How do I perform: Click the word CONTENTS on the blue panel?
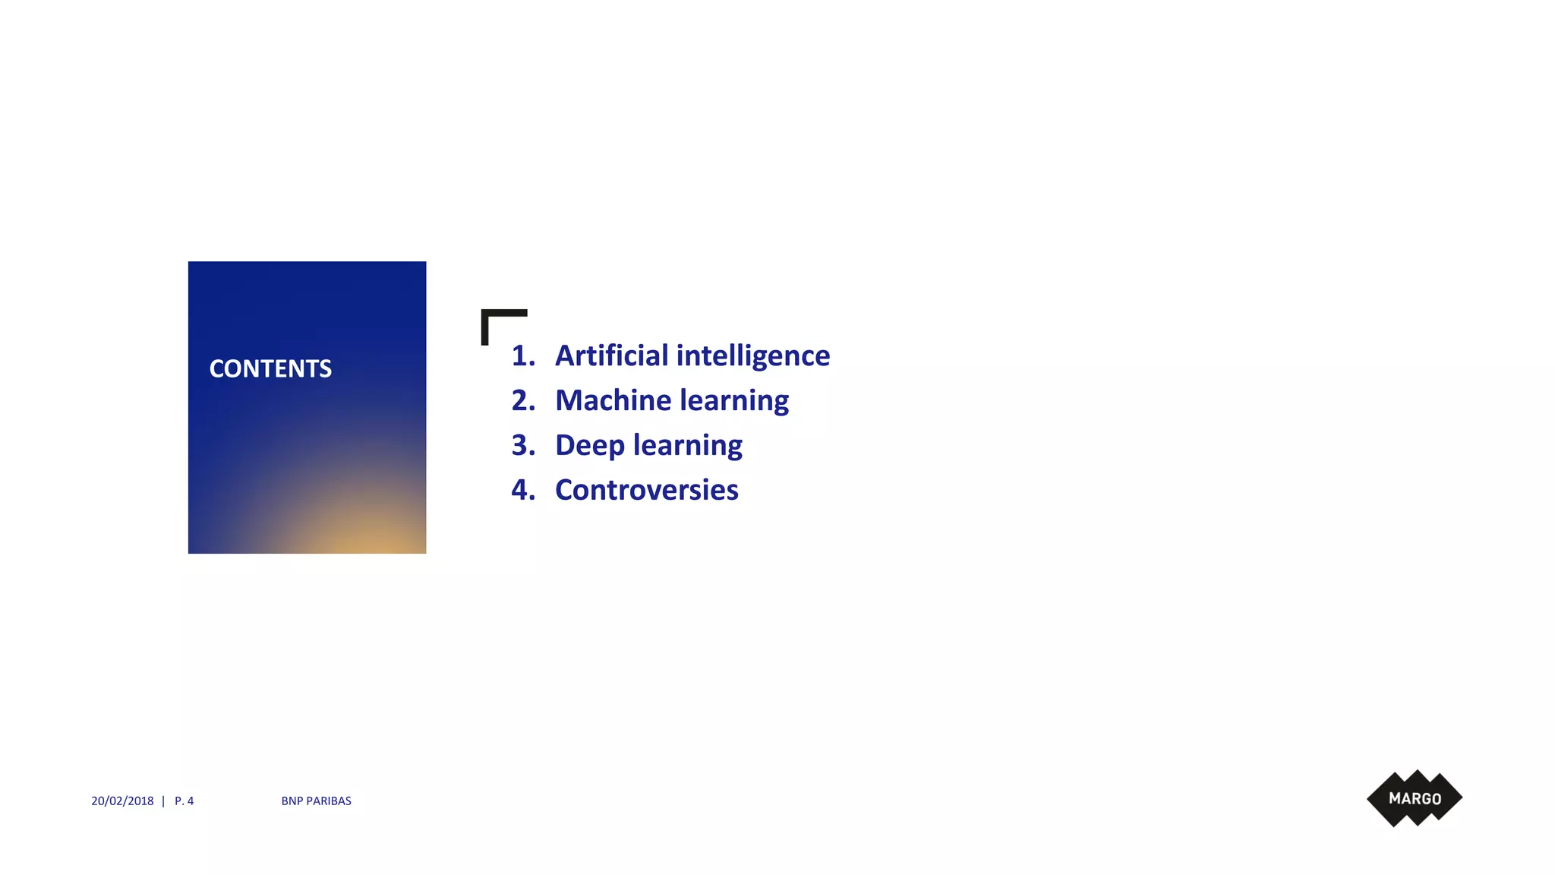click(x=270, y=368)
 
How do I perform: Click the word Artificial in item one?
click(x=611, y=355)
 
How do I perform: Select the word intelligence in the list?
click(x=752, y=355)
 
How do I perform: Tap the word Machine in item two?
click(x=613, y=400)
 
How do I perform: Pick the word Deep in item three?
click(x=589, y=445)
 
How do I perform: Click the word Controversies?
click(x=646, y=490)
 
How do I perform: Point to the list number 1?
click(x=522, y=355)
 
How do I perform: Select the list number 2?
click(x=522, y=400)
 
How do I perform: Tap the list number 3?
click(x=522, y=445)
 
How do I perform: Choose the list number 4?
click(x=522, y=490)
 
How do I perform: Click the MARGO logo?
click(x=1415, y=798)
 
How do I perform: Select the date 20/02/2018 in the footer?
click(x=122, y=801)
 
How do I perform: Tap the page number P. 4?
click(x=184, y=801)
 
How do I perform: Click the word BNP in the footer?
click(x=292, y=801)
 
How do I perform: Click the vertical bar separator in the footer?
click(x=163, y=801)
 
